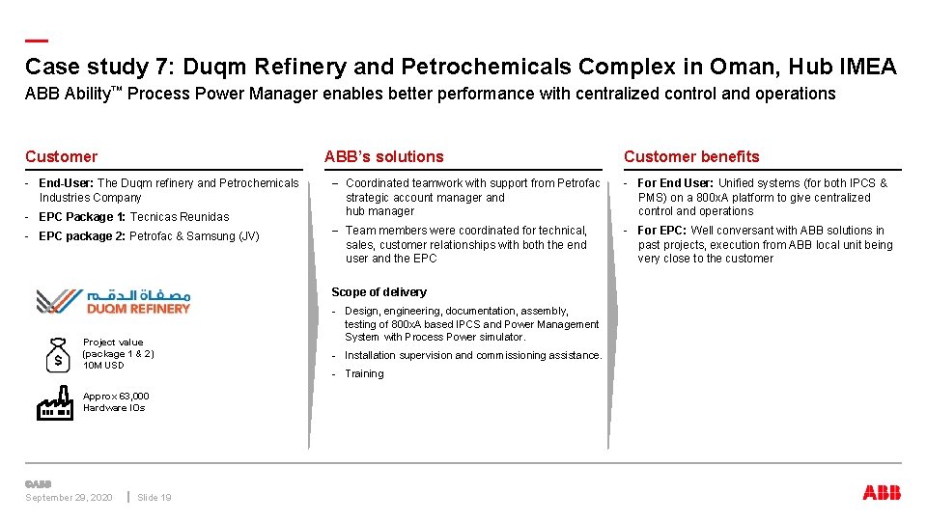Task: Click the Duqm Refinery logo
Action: click(113, 301)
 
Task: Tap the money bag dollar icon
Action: click(58, 354)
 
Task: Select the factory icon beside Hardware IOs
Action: click(55, 403)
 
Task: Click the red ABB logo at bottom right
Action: click(881, 493)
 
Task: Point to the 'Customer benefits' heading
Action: click(691, 156)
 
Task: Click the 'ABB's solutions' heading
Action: click(384, 156)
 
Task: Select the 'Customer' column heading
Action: click(61, 156)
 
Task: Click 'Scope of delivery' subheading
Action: click(379, 292)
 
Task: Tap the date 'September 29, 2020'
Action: click(69, 498)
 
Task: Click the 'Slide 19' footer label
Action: click(154, 498)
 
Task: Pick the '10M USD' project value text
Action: click(103, 366)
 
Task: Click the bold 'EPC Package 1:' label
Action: click(82, 217)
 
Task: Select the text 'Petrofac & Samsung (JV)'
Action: click(194, 236)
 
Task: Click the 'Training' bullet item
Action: click(364, 374)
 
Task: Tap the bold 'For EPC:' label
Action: click(662, 231)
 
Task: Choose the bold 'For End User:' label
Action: click(676, 183)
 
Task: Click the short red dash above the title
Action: click(36, 41)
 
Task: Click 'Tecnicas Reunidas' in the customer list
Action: click(180, 217)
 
